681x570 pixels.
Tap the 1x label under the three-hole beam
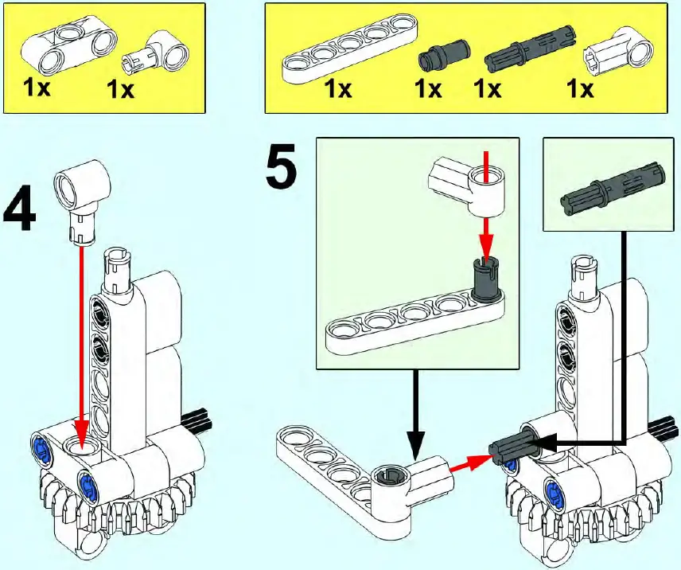click(37, 87)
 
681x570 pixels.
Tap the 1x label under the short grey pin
click(429, 88)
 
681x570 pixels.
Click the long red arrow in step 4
click(80, 334)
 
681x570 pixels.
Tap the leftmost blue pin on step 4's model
click(41, 449)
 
